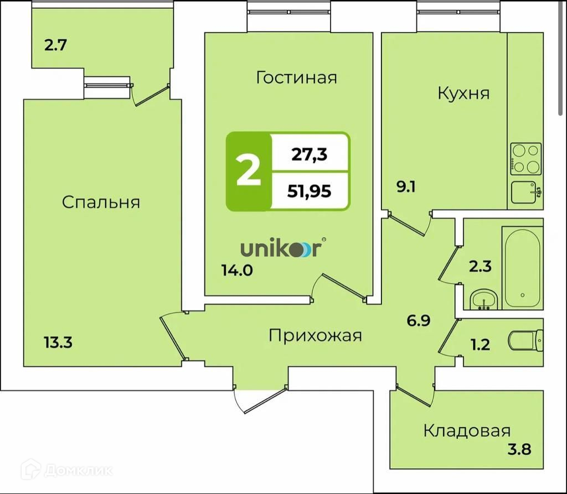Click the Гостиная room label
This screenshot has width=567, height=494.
[x=296, y=77]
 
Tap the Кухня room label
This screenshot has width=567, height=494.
[x=463, y=93]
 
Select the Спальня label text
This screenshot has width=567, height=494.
[x=101, y=202]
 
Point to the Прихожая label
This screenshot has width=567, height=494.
[x=315, y=335]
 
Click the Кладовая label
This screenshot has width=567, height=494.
[x=467, y=430]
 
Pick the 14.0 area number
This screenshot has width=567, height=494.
[x=236, y=272]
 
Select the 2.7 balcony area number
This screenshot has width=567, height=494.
[x=55, y=45]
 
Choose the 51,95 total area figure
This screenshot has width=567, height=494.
[x=309, y=191]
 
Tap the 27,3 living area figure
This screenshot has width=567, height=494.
[x=309, y=154]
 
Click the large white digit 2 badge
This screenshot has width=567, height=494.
[x=248, y=171]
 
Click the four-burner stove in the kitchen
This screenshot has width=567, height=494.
[x=525, y=158]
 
